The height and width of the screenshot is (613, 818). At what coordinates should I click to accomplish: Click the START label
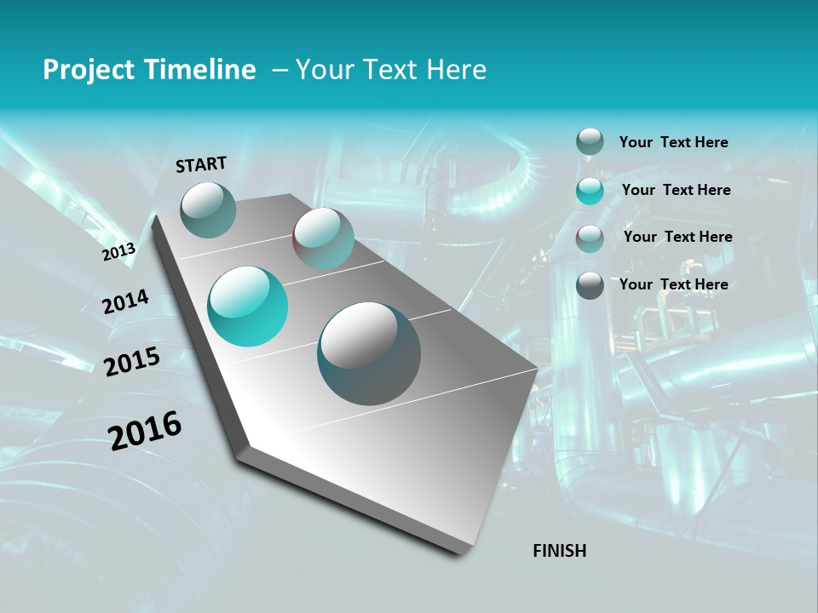click(201, 164)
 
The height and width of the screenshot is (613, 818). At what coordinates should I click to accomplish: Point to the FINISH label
click(559, 551)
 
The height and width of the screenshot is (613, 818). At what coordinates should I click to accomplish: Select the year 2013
click(119, 251)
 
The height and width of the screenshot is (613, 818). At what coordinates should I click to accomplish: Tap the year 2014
click(125, 301)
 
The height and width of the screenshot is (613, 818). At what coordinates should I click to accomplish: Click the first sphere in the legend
click(590, 142)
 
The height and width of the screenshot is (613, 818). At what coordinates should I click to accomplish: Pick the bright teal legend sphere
click(590, 191)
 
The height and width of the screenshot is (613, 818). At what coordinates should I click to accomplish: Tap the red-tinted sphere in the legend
click(590, 238)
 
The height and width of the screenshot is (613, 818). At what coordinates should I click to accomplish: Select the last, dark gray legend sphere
click(590, 285)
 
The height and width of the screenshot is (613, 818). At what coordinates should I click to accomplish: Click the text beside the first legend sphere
click(673, 143)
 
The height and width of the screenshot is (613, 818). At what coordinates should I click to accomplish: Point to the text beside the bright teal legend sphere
click(676, 190)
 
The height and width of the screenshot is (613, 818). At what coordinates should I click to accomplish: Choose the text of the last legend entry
click(673, 284)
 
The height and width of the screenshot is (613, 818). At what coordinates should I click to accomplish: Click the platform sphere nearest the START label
click(209, 209)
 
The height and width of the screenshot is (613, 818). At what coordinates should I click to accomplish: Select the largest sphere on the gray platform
click(369, 353)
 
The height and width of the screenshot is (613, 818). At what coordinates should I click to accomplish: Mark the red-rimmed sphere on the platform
click(324, 238)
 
